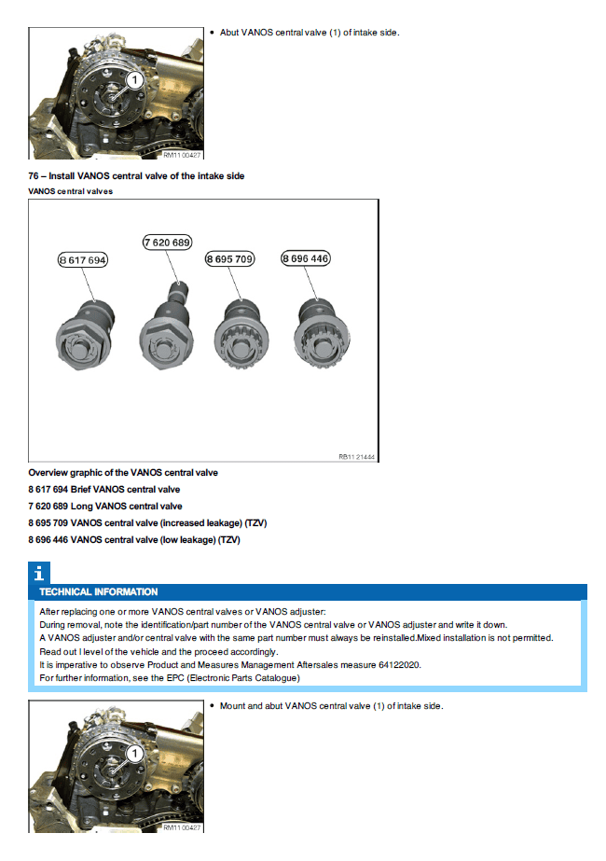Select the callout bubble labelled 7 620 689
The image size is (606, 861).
point(167,243)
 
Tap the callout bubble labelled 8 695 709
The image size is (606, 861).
point(229,259)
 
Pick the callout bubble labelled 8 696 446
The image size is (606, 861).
point(306,257)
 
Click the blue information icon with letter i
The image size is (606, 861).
point(38,574)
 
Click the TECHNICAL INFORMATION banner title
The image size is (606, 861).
point(99,592)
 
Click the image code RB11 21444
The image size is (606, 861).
point(357,457)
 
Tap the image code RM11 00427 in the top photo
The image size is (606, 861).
point(182,155)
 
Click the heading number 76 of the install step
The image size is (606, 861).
point(34,176)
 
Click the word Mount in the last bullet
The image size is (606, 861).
point(233,705)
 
